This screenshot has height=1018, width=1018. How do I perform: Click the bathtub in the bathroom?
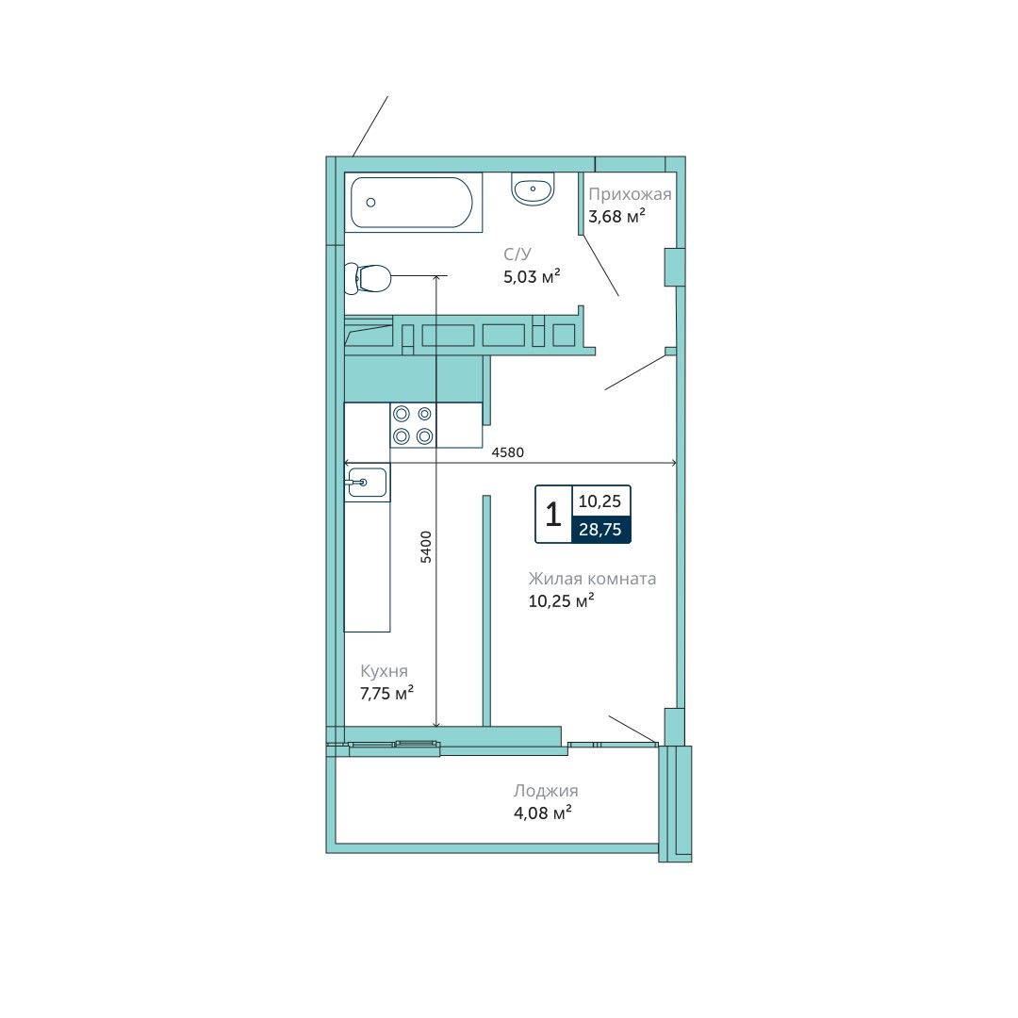click(x=413, y=202)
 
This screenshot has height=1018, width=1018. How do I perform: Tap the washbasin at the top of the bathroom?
click(x=533, y=189)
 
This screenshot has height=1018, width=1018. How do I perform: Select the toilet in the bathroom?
click(x=368, y=278)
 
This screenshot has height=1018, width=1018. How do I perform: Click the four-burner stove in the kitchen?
click(x=413, y=424)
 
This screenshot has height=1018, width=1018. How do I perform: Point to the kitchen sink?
click(x=367, y=483)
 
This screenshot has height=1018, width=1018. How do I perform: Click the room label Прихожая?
click(x=630, y=194)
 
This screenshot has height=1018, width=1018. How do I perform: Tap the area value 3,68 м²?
click(x=616, y=216)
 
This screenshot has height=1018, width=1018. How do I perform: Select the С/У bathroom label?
click(x=517, y=254)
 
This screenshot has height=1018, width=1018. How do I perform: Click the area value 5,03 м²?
click(x=532, y=277)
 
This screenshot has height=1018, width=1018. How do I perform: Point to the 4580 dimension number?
click(x=508, y=452)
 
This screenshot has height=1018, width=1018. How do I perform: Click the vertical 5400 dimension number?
click(x=426, y=547)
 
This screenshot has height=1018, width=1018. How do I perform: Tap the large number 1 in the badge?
click(x=553, y=515)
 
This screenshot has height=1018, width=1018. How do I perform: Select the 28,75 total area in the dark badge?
click(x=600, y=530)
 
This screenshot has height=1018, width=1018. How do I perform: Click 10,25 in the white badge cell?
click(x=599, y=501)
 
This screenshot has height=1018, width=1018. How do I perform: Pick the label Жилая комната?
click(x=592, y=579)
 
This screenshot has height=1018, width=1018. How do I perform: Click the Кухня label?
click(x=384, y=671)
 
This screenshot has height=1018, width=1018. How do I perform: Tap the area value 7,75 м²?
click(x=387, y=694)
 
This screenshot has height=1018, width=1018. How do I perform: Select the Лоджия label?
click(x=546, y=791)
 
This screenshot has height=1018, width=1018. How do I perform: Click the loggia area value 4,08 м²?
click(x=543, y=813)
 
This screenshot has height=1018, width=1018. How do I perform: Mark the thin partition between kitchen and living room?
click(x=486, y=610)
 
